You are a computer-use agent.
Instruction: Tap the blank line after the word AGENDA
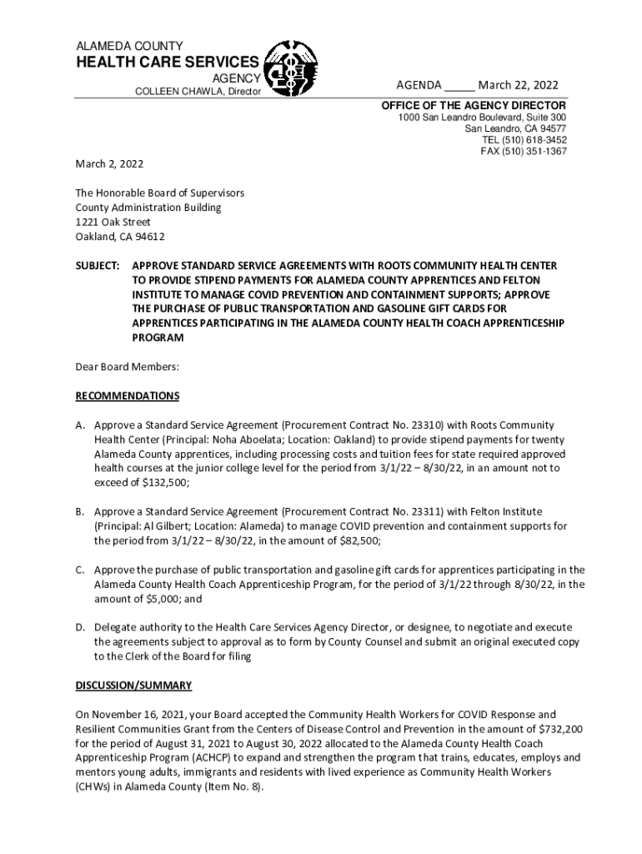459,87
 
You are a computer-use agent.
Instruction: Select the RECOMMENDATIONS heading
127,395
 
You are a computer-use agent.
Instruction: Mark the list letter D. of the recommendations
81,626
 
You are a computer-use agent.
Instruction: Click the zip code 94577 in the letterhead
550,129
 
